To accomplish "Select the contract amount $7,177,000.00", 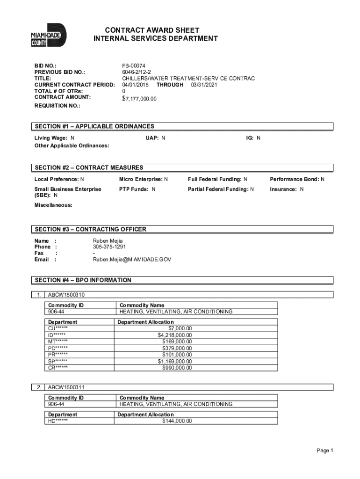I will (x=139, y=99).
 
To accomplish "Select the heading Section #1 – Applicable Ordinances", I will (x=94, y=126).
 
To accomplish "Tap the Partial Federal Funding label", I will (x=218, y=189).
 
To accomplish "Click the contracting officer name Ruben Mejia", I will (x=108, y=240).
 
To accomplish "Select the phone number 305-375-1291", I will (x=109, y=247).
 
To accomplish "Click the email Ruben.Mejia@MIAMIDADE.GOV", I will (x=132, y=259).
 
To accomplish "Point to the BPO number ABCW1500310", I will (x=66, y=295).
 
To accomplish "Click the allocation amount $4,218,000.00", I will (x=175, y=334).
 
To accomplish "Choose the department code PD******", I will (x=58, y=348).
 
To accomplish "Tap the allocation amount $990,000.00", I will (x=177, y=368).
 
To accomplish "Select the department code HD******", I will (x=58, y=421).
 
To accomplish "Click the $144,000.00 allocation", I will (x=177, y=421).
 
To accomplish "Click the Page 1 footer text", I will (x=324, y=450).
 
